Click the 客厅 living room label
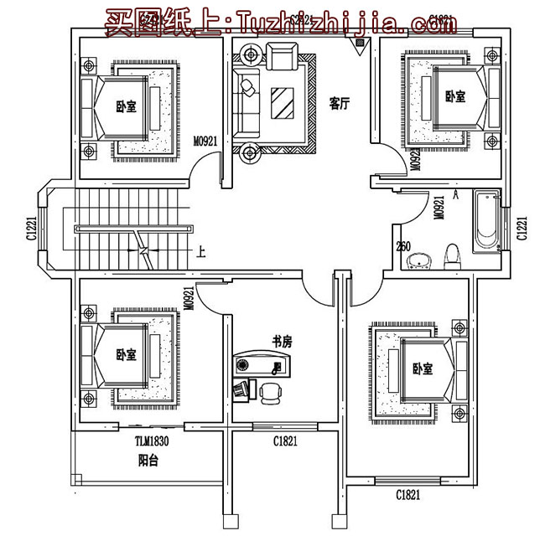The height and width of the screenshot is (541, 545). [x=339, y=103]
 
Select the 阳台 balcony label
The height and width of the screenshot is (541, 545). [x=148, y=460]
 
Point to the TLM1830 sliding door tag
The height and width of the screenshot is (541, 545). [x=152, y=441]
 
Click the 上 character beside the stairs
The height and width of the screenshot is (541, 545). [x=200, y=250]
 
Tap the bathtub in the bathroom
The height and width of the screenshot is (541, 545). [x=485, y=221]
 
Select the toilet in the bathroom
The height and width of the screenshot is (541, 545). [x=452, y=255]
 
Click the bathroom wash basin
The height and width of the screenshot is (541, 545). [x=417, y=263]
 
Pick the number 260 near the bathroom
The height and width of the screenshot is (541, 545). [x=403, y=245]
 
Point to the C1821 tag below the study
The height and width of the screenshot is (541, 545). [x=285, y=441]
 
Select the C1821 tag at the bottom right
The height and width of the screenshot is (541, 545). [x=408, y=495]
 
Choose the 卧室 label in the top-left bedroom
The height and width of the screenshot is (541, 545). [x=126, y=107]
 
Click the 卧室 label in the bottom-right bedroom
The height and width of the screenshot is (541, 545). [x=422, y=368]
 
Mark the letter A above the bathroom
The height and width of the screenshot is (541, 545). [x=455, y=194]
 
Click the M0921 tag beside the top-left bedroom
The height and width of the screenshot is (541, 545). [x=205, y=142]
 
